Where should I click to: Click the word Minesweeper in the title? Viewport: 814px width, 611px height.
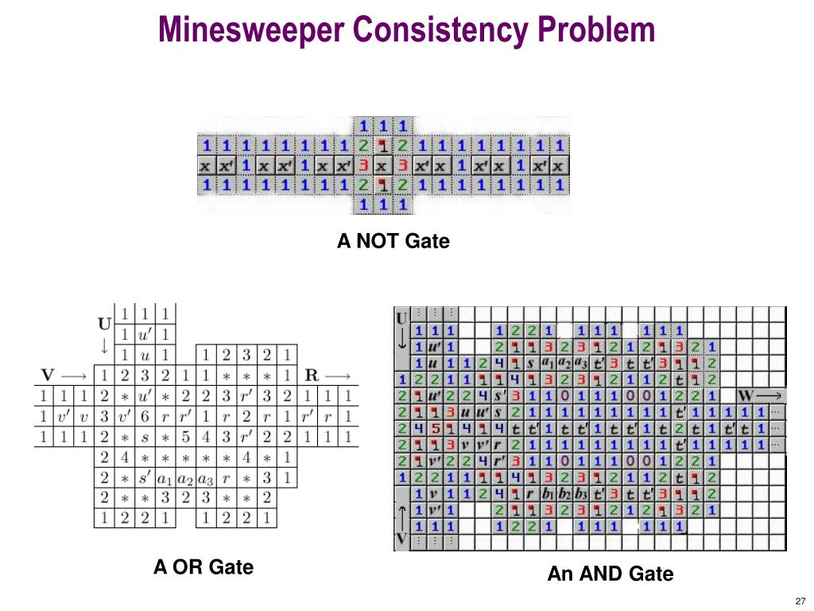pyautogui.click(x=251, y=29)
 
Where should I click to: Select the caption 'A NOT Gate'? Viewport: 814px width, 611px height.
pyautogui.click(x=393, y=240)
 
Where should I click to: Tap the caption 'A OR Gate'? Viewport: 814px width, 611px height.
pyautogui.click(x=203, y=567)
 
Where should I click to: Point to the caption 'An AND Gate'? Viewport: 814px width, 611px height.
pyautogui.click(x=610, y=574)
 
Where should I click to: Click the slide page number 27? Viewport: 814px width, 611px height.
pyautogui.click(x=800, y=601)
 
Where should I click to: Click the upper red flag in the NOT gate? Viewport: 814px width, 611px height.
pyautogui.click(x=383, y=146)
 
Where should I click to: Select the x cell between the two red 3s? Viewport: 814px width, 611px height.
pyautogui.click(x=383, y=166)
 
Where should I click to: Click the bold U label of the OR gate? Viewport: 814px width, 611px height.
pyautogui.click(x=105, y=324)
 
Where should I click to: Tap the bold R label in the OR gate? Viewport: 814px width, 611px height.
pyautogui.click(x=312, y=373)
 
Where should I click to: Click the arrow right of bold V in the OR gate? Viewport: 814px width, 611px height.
pyautogui.click(x=74, y=373)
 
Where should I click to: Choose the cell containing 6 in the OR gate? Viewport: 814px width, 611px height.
pyautogui.click(x=145, y=414)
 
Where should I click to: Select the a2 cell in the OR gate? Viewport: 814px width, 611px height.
pyautogui.click(x=185, y=478)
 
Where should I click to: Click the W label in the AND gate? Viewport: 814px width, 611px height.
pyautogui.click(x=746, y=395)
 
